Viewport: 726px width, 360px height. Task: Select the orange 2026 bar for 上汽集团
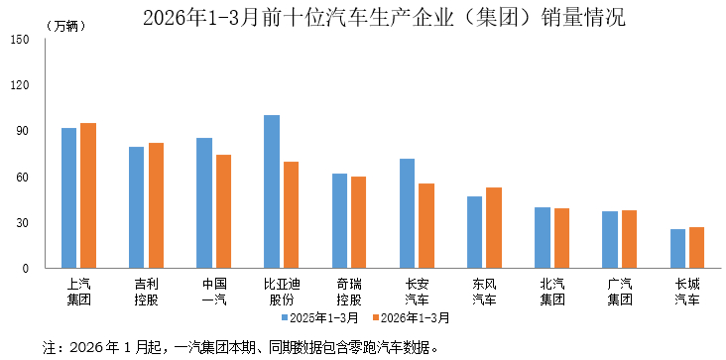(x=88, y=195)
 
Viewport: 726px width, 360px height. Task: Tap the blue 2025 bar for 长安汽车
(x=407, y=213)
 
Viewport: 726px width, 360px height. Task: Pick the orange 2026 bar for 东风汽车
(x=494, y=228)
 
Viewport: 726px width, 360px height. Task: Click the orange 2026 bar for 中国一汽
(x=223, y=211)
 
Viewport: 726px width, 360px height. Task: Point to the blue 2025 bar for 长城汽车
(x=677, y=249)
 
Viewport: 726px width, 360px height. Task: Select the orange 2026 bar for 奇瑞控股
(x=358, y=222)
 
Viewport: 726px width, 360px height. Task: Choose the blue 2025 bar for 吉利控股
(x=136, y=207)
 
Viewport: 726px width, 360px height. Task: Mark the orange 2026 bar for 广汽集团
(x=629, y=239)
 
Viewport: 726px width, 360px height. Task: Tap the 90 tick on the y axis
(x=23, y=131)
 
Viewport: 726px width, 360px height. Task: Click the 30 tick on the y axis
(x=23, y=223)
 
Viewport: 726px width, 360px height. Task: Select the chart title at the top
(x=363, y=17)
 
